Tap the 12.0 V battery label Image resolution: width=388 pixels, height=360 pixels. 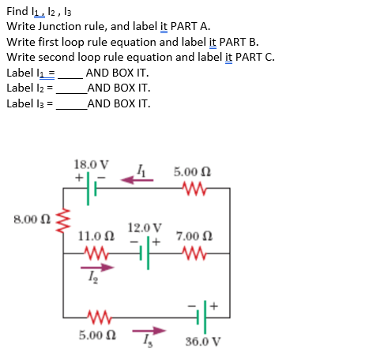click(x=145, y=227)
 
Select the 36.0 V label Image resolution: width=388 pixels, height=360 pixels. click(x=202, y=342)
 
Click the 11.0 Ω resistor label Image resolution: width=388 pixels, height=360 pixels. click(x=97, y=235)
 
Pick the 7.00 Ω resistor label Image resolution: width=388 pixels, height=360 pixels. click(x=192, y=235)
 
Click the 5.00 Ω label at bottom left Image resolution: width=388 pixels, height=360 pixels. click(x=96, y=335)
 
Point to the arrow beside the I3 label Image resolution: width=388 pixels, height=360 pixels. click(x=147, y=332)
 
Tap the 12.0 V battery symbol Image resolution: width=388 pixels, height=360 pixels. click(x=145, y=254)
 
